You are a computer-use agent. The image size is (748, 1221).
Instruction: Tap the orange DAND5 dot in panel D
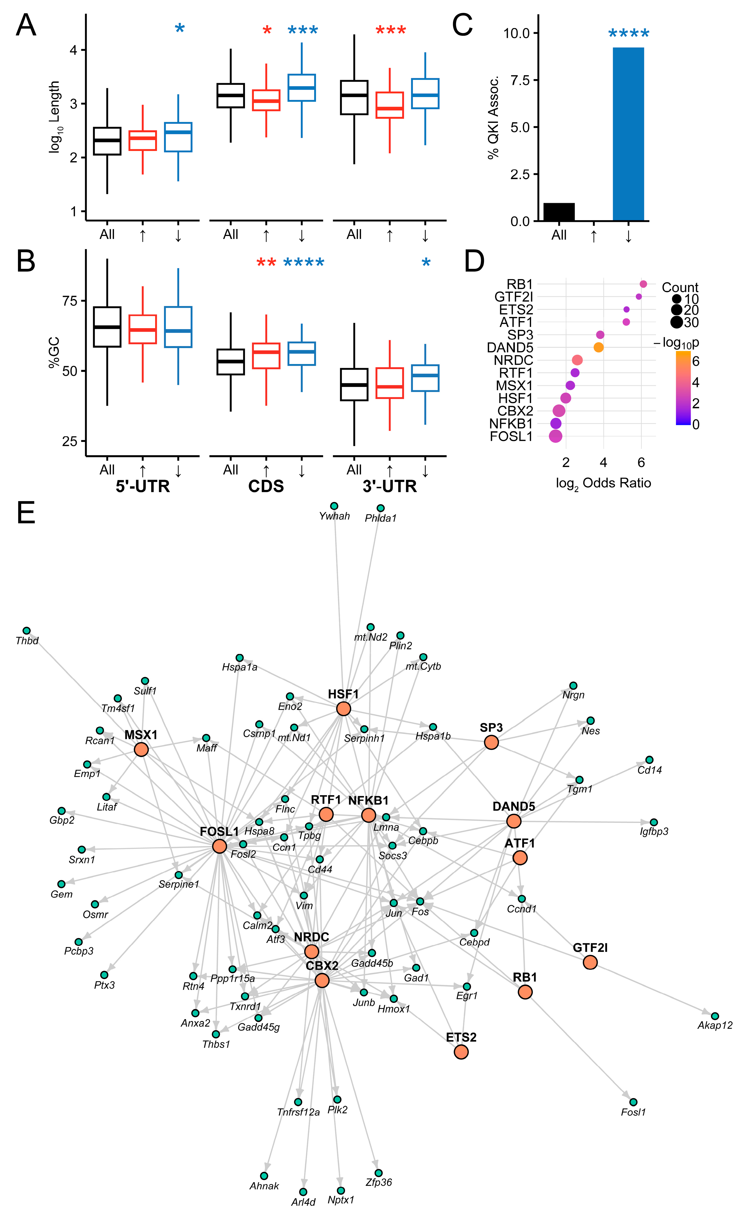[598, 347]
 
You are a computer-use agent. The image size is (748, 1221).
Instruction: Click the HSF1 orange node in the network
[343, 709]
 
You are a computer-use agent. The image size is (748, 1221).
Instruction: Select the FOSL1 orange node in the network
[220, 846]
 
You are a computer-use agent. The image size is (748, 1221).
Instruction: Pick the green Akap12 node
[715, 1016]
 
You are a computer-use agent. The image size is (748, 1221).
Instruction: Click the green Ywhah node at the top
[334, 506]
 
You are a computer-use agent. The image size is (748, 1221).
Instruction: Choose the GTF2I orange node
[590, 962]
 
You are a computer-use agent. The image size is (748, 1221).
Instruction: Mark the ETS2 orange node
[461, 1051]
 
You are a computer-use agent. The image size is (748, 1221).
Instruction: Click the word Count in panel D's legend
[680, 287]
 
